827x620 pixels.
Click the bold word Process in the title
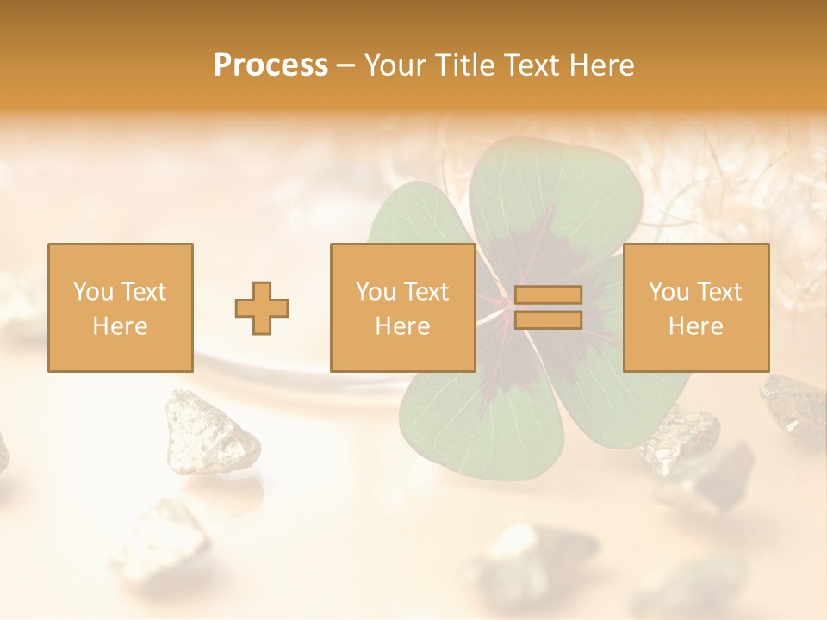pyautogui.click(x=270, y=65)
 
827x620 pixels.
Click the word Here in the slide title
pyautogui.click(x=601, y=65)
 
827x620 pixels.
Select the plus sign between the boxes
pyautogui.click(x=262, y=308)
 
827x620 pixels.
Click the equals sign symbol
pyautogui.click(x=548, y=307)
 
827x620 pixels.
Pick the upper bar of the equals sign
pyautogui.click(x=548, y=295)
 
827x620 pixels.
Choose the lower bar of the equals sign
pyautogui.click(x=548, y=319)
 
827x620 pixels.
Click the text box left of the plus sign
pyautogui.click(x=121, y=307)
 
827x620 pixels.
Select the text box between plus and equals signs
pyautogui.click(x=402, y=307)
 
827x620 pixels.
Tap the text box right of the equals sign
pyautogui.click(x=696, y=307)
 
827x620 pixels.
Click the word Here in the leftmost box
pyautogui.click(x=121, y=326)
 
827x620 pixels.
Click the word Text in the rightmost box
pyautogui.click(x=718, y=292)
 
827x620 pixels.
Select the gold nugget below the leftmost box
pyautogui.click(x=212, y=431)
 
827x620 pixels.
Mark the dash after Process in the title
pyautogui.click(x=346, y=65)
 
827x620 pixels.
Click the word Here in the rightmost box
pyautogui.click(x=696, y=326)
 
